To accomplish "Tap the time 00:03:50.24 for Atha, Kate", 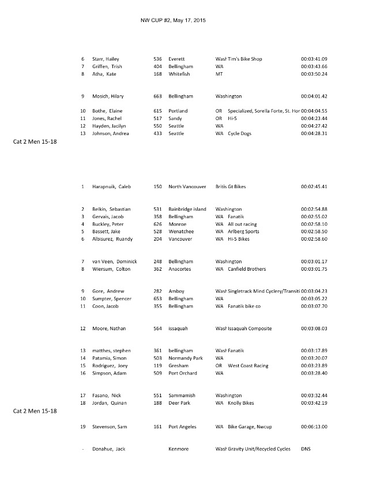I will (314, 74).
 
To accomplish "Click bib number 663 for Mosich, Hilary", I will (157, 96).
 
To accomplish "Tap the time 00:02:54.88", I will (314, 209).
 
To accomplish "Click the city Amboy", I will (176, 292).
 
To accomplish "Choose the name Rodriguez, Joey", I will (111, 366).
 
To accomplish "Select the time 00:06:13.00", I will (314, 427).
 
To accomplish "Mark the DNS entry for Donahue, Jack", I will (306, 449).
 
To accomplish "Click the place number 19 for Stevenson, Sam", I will (83, 427).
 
